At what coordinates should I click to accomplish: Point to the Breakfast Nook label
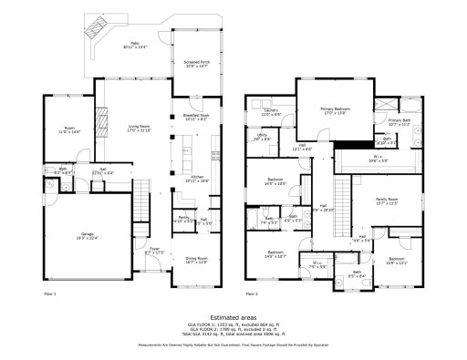(196, 117)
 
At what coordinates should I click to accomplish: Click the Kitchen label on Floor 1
(199, 179)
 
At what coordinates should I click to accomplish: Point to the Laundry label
(271, 112)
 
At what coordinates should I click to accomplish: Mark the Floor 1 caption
(50, 294)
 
